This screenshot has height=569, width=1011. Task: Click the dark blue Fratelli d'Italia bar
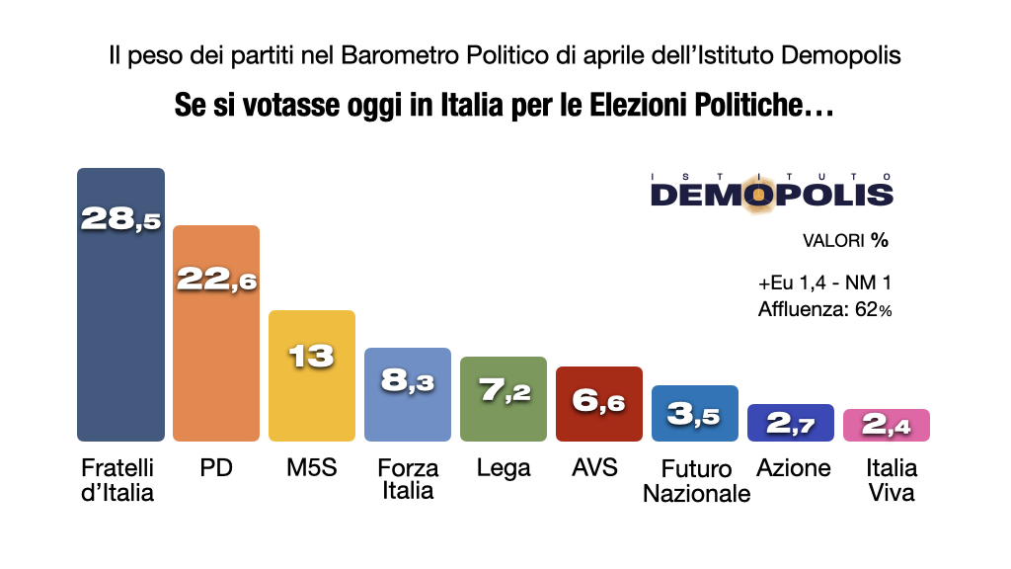pyautogui.click(x=120, y=326)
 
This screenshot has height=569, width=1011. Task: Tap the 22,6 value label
pyautogui.click(x=216, y=279)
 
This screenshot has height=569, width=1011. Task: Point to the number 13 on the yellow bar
pyautogui.click(x=312, y=356)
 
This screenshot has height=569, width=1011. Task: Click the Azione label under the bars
pyautogui.click(x=793, y=468)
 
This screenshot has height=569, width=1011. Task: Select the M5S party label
pyautogui.click(x=312, y=468)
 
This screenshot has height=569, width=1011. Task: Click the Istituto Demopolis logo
pyautogui.click(x=771, y=189)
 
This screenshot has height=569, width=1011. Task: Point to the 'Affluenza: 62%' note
pyautogui.click(x=824, y=310)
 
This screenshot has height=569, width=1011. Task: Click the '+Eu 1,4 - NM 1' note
pyautogui.click(x=825, y=284)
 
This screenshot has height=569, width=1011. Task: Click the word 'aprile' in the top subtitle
pyautogui.click(x=614, y=55)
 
